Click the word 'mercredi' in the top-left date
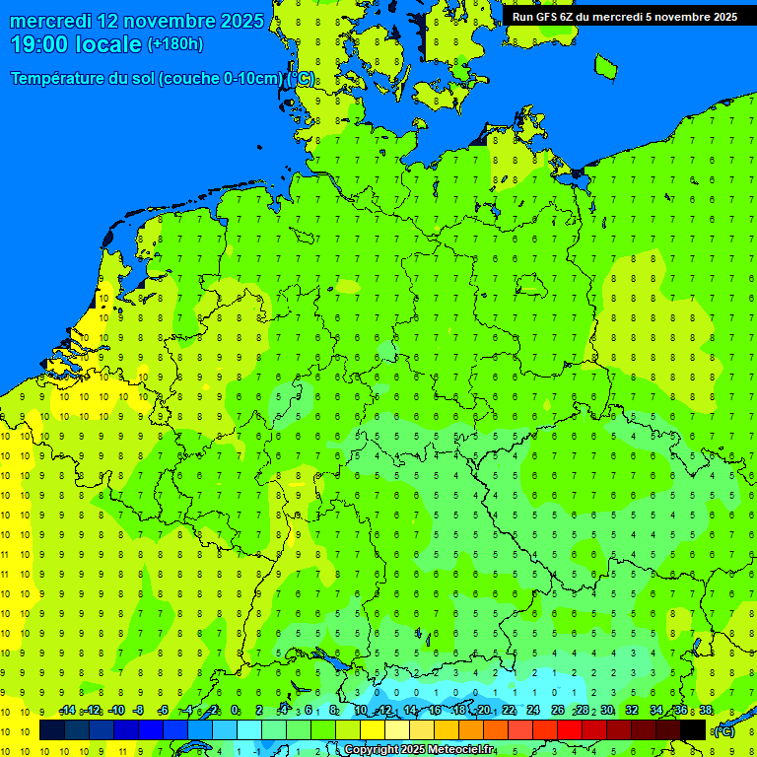pyautogui.click(x=49, y=21)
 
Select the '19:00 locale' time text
pyautogui.click(x=77, y=43)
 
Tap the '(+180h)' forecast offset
pyautogui.click(x=175, y=43)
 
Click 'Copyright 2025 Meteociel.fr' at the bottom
pyautogui.click(x=419, y=750)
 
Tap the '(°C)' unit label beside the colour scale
pyautogui.click(x=723, y=730)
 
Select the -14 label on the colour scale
pyautogui.click(x=67, y=711)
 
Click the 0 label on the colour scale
pyautogui.click(x=235, y=711)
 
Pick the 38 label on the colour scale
pyautogui.click(x=706, y=711)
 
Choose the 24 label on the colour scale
pyautogui.click(x=533, y=711)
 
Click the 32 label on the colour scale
pyautogui.click(x=632, y=711)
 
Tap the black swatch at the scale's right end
pyautogui.click(x=693, y=730)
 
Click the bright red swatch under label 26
pyautogui.click(x=569, y=730)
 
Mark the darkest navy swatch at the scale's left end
pyautogui.click(x=51, y=730)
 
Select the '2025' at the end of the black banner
pyautogui.click(x=723, y=16)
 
